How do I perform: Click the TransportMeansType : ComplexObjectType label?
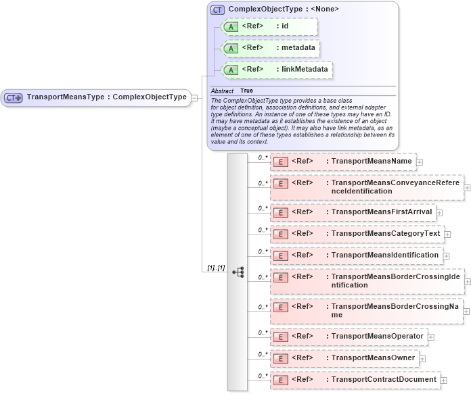click(106, 97)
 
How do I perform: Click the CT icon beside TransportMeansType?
click(14, 97)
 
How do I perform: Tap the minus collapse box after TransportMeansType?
click(195, 97)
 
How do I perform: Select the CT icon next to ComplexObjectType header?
click(217, 9)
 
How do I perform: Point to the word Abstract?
click(222, 91)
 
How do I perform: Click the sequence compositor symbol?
click(238, 272)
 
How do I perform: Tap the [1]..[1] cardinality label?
click(216, 268)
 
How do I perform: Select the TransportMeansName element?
click(343, 162)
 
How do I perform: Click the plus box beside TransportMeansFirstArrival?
click(440, 213)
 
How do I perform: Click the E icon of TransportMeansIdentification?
click(280, 255)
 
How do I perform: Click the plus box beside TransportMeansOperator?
click(431, 337)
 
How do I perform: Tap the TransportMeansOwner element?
click(344, 358)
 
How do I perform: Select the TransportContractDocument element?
click(354, 380)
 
